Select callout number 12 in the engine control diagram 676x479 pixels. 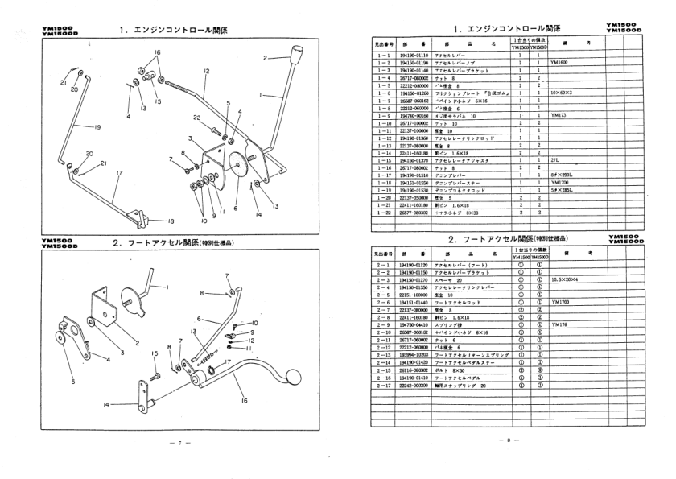click(x=206, y=72)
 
